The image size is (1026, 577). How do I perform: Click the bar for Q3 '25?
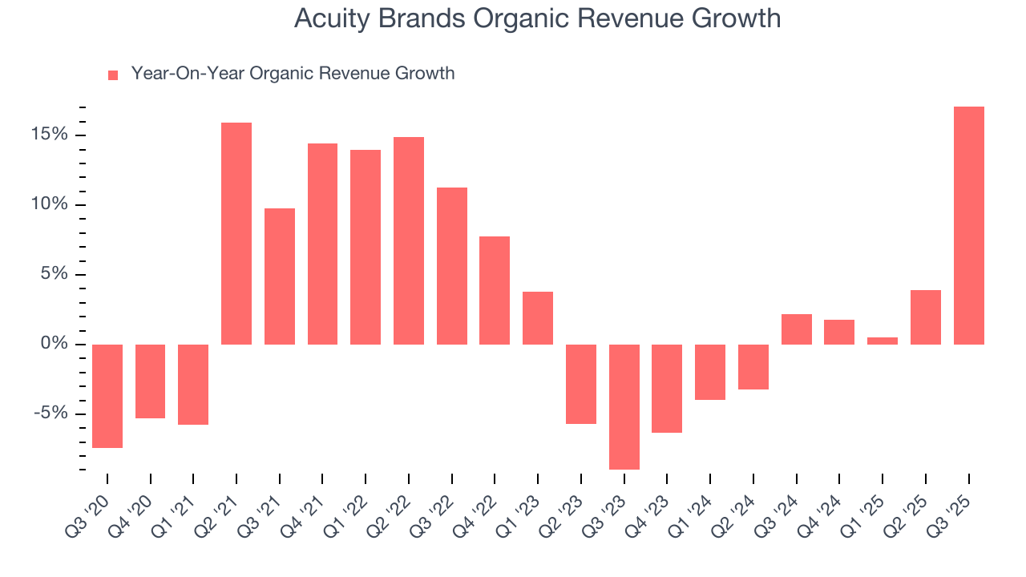coord(968,225)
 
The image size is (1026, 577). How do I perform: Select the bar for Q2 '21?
coord(236,233)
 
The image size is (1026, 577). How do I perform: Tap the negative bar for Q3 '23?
coord(624,406)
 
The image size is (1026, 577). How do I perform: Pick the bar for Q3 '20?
coord(107,396)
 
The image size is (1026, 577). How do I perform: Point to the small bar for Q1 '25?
coord(883,341)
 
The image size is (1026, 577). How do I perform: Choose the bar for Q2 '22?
coord(409,240)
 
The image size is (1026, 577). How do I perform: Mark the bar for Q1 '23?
coord(538,318)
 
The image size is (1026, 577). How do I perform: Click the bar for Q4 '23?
coord(667,388)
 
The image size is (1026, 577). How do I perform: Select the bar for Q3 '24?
coord(797,329)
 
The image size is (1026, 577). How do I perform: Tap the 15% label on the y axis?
coord(50,135)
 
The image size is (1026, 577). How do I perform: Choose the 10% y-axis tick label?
coord(50,204)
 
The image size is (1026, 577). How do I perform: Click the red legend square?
coord(113,75)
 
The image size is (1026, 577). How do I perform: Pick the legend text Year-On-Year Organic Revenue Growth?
coord(293,74)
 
